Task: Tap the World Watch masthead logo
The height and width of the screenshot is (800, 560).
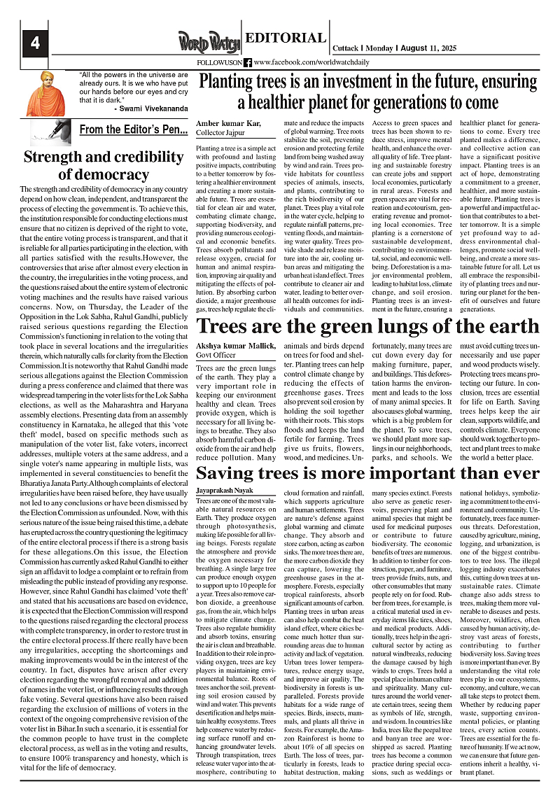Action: (x=209, y=43)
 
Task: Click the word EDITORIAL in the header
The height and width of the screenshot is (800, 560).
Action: (x=286, y=38)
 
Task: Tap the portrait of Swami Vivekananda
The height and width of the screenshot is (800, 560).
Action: (x=45, y=92)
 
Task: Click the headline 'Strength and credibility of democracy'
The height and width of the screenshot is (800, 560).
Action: (x=104, y=165)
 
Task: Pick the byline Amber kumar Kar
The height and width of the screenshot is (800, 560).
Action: (x=226, y=122)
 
